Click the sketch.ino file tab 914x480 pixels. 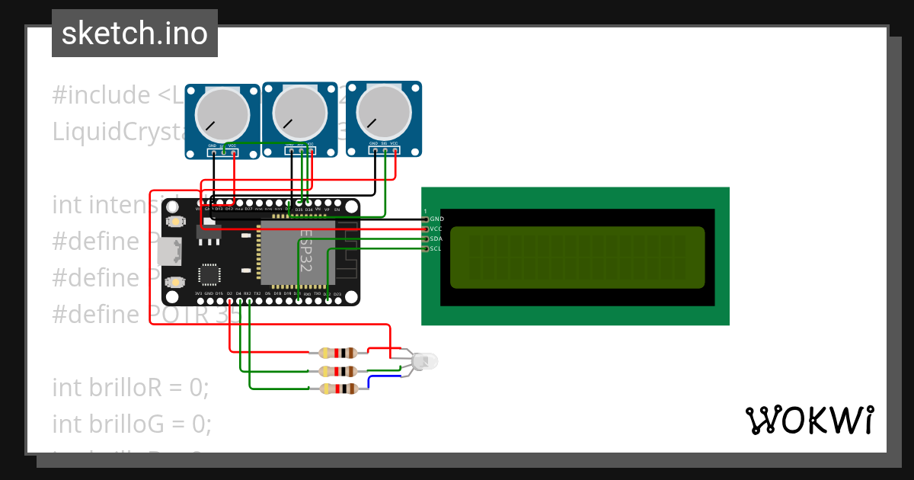(x=134, y=34)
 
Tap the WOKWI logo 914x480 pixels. (x=809, y=420)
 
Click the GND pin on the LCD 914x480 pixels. (x=426, y=219)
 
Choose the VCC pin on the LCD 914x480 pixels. (x=426, y=229)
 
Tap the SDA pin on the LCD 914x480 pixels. (x=426, y=238)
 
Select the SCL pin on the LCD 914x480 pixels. (x=426, y=248)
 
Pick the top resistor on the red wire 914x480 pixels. (x=337, y=353)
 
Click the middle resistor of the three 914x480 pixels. (x=337, y=371)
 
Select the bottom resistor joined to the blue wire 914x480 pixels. (x=337, y=389)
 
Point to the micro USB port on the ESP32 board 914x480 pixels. (x=170, y=251)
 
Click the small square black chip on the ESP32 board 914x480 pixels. (x=209, y=274)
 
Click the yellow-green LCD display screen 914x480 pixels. (x=577, y=258)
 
